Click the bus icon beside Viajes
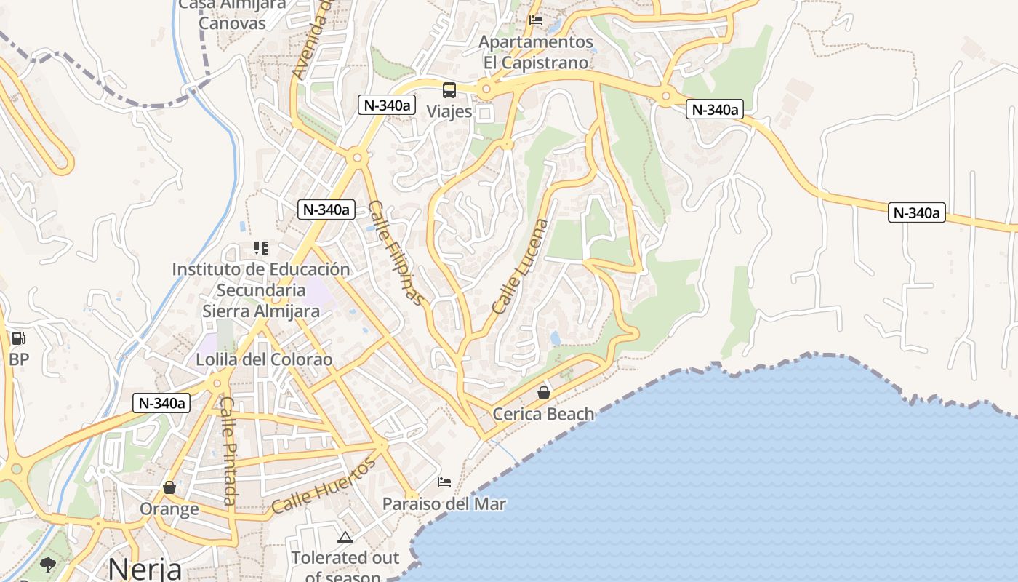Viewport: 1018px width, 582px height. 449,90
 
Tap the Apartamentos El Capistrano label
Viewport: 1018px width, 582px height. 536,52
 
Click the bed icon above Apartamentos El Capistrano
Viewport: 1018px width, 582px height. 536,20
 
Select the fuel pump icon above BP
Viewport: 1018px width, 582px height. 18,338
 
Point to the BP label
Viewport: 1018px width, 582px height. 19,359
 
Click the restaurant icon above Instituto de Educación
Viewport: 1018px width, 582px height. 261,248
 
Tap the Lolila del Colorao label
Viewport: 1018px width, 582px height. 264,359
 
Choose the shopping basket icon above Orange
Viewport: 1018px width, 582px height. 169,487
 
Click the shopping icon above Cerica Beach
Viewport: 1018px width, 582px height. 543,393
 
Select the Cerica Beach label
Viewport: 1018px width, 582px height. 543,414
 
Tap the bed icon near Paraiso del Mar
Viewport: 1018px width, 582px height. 444,482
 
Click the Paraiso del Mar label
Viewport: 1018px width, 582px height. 444,503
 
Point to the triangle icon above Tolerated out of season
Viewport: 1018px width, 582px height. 345,538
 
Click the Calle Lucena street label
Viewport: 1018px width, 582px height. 520,266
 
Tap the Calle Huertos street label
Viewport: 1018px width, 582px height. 324,485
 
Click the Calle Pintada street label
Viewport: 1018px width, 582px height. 228,451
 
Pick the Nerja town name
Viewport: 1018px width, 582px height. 145,569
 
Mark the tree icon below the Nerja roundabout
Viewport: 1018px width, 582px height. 48,565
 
